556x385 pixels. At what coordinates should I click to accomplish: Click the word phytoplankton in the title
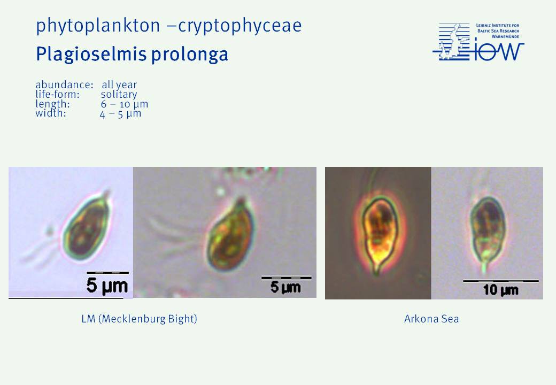[98, 26]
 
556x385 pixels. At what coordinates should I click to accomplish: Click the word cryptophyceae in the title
[240, 26]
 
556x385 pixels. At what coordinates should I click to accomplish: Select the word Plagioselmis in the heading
[91, 55]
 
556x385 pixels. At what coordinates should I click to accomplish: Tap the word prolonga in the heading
[189, 55]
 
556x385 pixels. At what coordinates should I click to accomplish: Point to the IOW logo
[478, 42]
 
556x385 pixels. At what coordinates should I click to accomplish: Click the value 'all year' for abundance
[119, 84]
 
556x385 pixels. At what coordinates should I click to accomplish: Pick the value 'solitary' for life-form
[119, 94]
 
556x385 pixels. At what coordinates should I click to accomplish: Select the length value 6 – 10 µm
[124, 104]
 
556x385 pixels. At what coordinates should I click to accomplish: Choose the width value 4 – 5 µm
[121, 113]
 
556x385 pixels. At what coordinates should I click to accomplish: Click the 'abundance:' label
[64, 84]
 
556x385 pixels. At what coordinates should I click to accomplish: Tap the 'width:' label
[51, 113]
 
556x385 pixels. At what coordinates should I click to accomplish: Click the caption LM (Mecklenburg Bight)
[139, 319]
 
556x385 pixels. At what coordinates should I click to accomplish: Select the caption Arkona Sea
[431, 319]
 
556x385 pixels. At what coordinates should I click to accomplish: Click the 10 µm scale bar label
[501, 290]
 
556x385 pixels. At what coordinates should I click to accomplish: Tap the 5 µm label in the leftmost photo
[107, 286]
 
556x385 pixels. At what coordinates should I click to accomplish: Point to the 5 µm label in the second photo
[285, 287]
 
